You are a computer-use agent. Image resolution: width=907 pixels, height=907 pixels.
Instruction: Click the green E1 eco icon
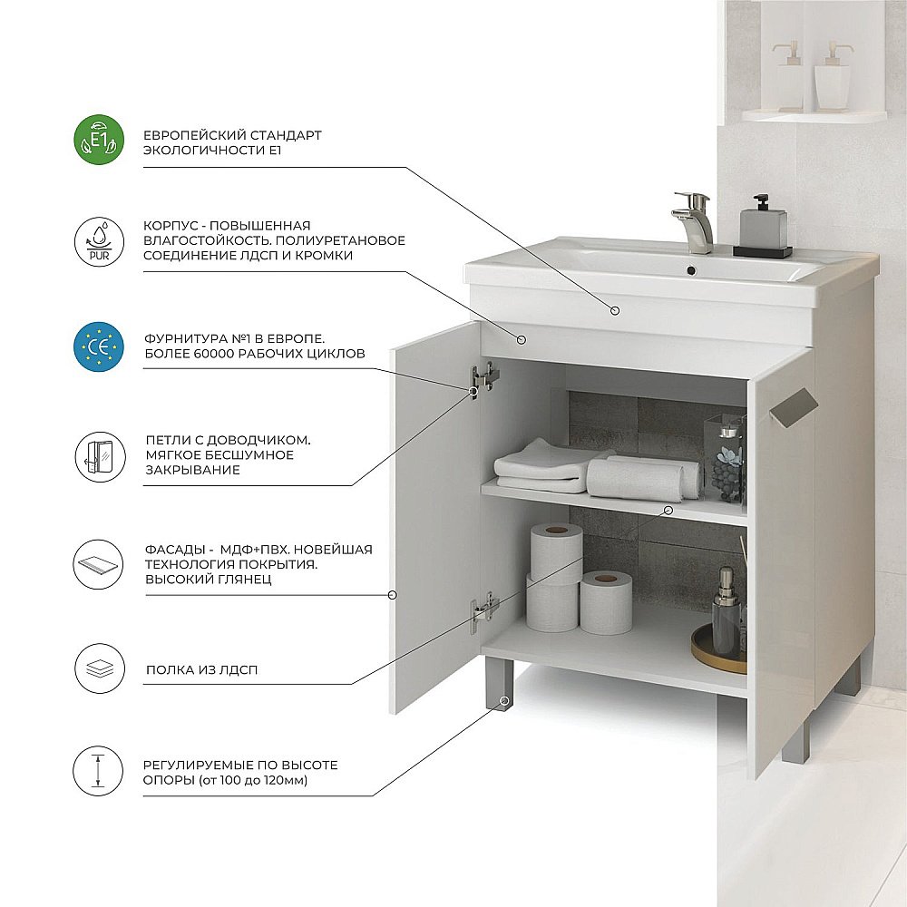99,140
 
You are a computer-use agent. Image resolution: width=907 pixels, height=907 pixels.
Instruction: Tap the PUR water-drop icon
99,241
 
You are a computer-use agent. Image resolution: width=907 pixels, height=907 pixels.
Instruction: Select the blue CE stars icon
99,346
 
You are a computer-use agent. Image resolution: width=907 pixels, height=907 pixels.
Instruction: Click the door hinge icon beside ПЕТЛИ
99,456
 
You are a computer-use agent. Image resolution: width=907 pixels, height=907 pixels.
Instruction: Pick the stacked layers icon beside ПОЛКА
99,668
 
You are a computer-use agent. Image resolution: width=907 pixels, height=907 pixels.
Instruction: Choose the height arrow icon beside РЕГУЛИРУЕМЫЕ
98,771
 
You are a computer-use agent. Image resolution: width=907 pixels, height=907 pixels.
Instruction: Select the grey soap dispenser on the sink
763,227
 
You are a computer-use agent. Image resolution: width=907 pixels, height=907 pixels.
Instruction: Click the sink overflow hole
690,269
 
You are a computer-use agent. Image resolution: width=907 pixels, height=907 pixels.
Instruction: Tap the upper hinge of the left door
483,376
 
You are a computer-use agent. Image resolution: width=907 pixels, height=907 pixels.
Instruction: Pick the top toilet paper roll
556,551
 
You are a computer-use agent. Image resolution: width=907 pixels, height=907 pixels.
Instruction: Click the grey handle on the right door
793,408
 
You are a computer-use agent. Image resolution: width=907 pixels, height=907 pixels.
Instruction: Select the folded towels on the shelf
596,471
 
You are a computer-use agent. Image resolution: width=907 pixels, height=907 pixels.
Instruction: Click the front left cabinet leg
499,684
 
